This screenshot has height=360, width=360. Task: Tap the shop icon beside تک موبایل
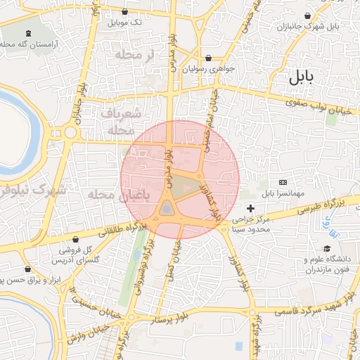(x=125, y=11)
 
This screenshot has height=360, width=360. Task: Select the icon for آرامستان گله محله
(x=28, y=33)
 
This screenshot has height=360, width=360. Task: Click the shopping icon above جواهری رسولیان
(x=208, y=58)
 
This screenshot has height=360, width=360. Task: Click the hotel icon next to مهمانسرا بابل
(x=283, y=182)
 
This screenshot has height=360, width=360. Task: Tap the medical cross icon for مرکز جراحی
(x=251, y=208)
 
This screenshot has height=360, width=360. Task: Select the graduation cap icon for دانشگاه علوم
(x=327, y=249)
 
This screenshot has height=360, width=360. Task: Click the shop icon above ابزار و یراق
(x=28, y=269)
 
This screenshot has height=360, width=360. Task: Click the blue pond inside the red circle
(x=166, y=208)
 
